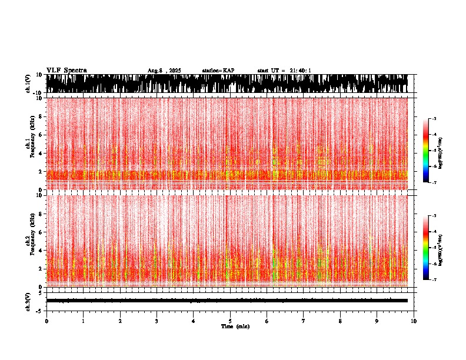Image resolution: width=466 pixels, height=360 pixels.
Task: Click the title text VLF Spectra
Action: coord(66,70)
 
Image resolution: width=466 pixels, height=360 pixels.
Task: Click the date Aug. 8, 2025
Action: coord(164,71)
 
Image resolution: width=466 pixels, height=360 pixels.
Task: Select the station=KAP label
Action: coord(218,71)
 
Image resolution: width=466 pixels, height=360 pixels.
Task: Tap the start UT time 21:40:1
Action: coord(284,71)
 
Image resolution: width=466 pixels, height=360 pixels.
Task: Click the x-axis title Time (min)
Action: coord(235,326)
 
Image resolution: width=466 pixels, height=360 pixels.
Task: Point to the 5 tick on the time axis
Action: coord(230,321)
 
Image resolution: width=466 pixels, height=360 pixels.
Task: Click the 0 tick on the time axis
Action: coord(46,321)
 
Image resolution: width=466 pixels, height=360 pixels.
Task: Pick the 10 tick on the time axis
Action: coord(414,321)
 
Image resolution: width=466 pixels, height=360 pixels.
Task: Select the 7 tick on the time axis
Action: coord(304,321)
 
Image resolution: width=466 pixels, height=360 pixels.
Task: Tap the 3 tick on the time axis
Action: coord(157,321)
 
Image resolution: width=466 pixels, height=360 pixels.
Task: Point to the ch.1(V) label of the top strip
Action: coord(28,84)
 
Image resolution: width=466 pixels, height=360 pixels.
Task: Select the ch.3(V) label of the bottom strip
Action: coord(28,301)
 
